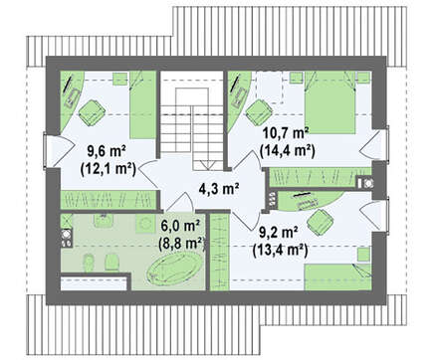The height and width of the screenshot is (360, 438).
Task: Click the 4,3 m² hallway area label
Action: tap(219, 189)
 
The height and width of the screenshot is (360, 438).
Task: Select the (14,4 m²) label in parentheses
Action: tap(288, 151)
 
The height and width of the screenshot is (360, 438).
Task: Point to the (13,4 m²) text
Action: tap(281, 250)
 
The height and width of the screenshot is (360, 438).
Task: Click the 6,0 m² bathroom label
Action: tap(180, 227)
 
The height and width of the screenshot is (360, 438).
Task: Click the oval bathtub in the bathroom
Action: tap(175, 268)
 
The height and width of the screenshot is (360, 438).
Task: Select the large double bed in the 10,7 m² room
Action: tap(329, 102)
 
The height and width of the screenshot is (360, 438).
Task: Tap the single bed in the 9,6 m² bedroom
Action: tap(142, 104)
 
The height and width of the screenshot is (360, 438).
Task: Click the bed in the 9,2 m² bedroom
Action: tap(337, 277)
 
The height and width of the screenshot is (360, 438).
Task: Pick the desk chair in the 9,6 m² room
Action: tap(92, 112)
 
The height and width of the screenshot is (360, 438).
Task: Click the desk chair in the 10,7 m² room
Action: tap(259, 112)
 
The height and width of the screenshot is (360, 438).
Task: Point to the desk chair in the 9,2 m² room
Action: tap(320, 223)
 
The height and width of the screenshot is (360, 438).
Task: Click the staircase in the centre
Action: tap(192, 120)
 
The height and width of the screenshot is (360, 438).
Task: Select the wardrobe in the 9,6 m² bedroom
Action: tap(109, 200)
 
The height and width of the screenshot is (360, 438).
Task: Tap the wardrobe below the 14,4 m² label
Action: tap(320, 177)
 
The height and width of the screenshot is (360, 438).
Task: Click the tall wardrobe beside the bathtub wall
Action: tap(220, 252)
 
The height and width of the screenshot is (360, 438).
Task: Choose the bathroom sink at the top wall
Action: tap(104, 220)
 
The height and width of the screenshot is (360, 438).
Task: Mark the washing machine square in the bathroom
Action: tap(145, 223)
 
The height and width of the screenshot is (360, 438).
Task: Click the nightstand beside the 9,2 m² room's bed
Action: tap(364, 255)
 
